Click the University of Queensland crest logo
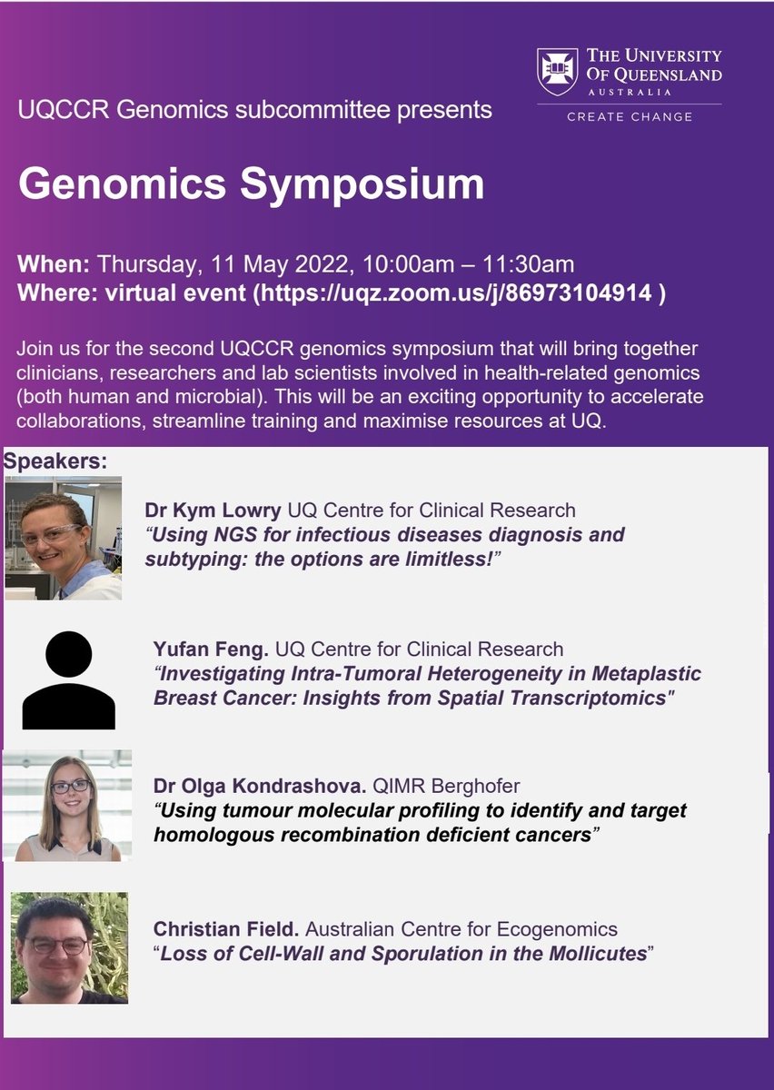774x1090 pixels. pyautogui.click(x=557, y=72)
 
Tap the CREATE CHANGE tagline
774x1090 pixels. pyautogui.click(x=630, y=116)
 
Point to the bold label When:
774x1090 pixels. pyautogui.click(x=54, y=265)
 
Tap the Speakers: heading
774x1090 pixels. pyautogui.click(x=55, y=461)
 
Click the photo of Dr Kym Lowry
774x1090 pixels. pyautogui.click(x=63, y=538)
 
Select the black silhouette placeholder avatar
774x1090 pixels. pyautogui.click(x=69, y=680)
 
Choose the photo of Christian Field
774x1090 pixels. pyautogui.click(x=69, y=947)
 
